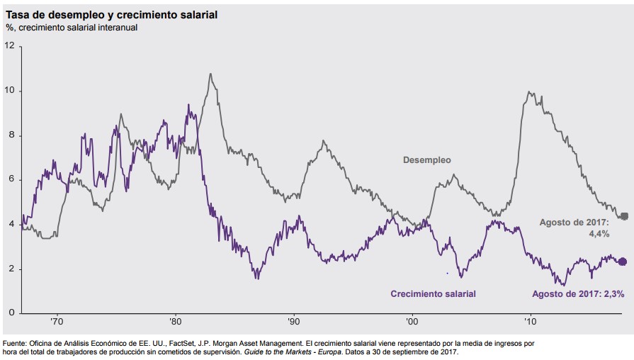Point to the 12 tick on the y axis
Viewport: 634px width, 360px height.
pyautogui.click(x=9, y=45)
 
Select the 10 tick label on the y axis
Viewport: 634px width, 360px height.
pyautogui.click(x=9, y=91)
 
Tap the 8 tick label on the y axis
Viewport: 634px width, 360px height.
pyautogui.click(x=10, y=135)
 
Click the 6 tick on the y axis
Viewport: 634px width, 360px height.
pyautogui.click(x=10, y=180)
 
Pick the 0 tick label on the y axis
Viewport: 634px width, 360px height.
pyautogui.click(x=11, y=313)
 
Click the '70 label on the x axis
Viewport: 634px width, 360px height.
pyautogui.click(x=57, y=321)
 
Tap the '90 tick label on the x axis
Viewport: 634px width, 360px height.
pyautogui.click(x=293, y=321)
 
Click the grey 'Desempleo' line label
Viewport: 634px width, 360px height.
pyautogui.click(x=426, y=160)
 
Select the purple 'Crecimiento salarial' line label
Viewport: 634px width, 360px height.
pyautogui.click(x=433, y=293)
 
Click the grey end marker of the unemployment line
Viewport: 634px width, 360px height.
pyautogui.click(x=624, y=216)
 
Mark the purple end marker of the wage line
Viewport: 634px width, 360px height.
pyautogui.click(x=623, y=261)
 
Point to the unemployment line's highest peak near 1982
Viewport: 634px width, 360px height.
pyautogui.click(x=210, y=74)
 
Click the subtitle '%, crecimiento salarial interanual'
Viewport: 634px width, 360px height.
pyautogui.click(x=72, y=28)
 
